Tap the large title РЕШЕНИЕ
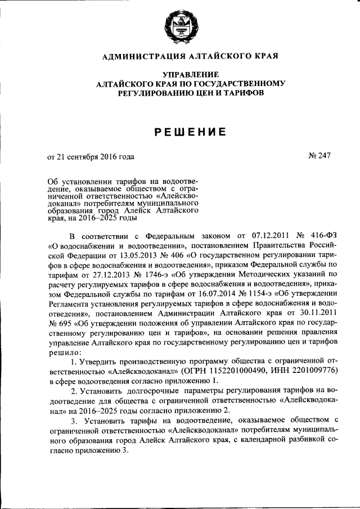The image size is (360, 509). [190, 132]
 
